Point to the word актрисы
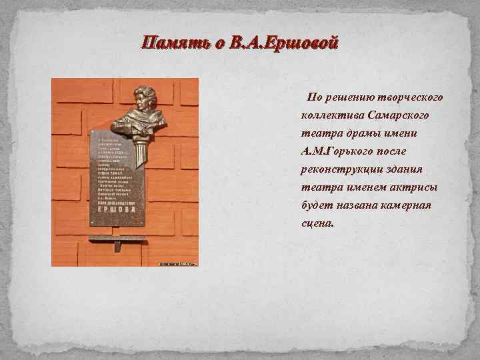[x=407, y=187]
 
